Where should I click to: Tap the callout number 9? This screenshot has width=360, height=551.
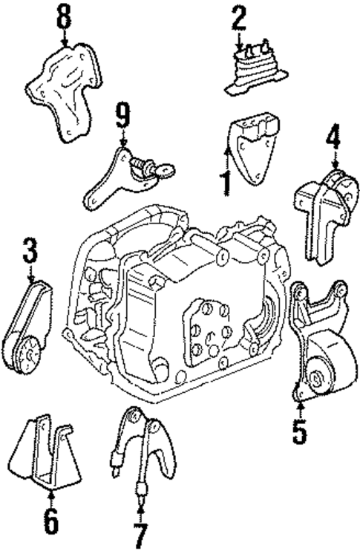[x=122, y=115]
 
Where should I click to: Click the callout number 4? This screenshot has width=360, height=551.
[x=333, y=139]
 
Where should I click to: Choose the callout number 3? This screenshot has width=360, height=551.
[x=30, y=251]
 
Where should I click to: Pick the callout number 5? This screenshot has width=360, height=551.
[x=299, y=432]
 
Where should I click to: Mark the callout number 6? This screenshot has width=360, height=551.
[x=50, y=521]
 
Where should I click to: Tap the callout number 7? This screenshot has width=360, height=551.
[x=140, y=533]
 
